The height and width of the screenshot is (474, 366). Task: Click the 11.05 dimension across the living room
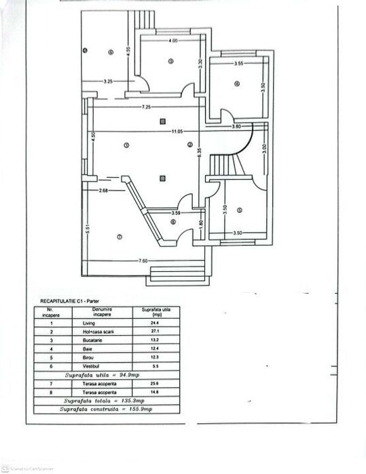pyautogui.click(x=178, y=131)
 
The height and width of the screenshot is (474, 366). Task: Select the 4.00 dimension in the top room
pyautogui.click(x=173, y=41)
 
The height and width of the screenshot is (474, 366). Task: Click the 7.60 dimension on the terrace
pyautogui.click(x=143, y=261)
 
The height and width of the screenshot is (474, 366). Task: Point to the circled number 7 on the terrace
pyautogui.click(x=119, y=237)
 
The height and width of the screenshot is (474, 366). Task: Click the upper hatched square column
pyautogui.click(x=162, y=121)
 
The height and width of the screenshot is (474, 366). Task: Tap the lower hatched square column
pyautogui.click(x=162, y=179)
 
